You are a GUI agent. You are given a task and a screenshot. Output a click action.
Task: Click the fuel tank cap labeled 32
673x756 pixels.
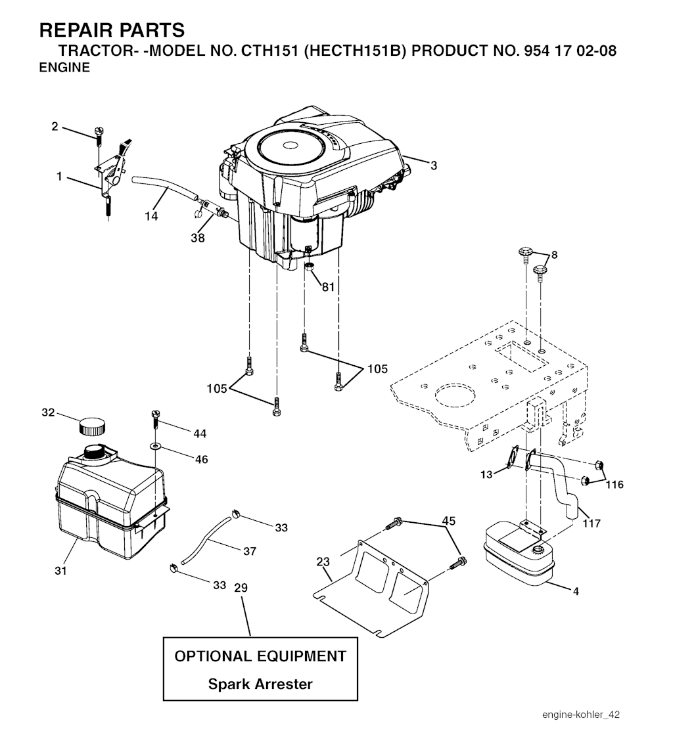[92, 426]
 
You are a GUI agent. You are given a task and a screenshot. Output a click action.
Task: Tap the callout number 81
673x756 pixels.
[328, 287]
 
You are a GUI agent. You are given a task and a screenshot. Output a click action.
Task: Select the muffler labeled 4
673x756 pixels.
[519, 554]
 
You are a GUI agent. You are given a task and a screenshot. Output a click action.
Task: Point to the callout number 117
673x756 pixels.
[592, 523]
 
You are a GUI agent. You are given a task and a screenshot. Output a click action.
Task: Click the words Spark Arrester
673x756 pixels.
[260, 684]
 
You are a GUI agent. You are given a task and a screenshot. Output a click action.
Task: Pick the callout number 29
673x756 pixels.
[241, 588]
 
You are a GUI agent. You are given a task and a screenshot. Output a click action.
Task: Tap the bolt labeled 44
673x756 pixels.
[155, 420]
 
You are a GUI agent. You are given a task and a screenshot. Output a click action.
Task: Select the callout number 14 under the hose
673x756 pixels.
[151, 216]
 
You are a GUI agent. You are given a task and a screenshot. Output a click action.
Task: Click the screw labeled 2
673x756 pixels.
[99, 137]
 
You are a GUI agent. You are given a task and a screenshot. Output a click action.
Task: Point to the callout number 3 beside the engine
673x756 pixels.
[434, 166]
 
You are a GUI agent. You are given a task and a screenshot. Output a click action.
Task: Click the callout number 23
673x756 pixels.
[323, 562]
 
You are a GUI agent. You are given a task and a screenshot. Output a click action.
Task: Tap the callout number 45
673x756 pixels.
[449, 522]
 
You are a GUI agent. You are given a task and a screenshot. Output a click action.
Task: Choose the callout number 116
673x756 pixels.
[615, 485]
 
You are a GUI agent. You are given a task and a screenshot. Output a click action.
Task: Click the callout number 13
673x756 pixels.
[486, 475]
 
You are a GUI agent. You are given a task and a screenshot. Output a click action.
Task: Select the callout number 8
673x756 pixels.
[554, 255]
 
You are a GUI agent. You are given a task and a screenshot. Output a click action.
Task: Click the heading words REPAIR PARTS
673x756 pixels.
[112, 30]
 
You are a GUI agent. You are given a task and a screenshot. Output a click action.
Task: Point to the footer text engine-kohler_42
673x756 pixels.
[581, 715]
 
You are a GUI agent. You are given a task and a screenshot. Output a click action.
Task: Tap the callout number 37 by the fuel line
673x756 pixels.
[250, 551]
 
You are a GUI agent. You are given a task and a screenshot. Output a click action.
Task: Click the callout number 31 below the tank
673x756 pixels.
[60, 571]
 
